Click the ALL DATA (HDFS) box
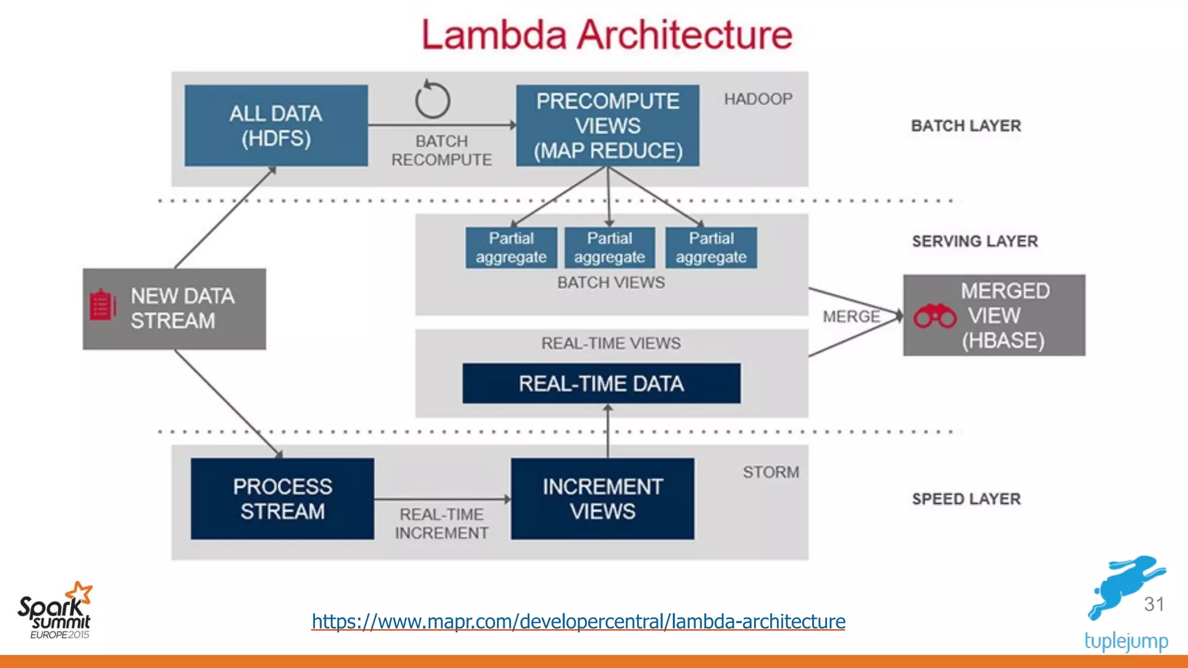(276, 126)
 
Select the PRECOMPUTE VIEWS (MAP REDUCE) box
(607, 126)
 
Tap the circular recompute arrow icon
(433, 100)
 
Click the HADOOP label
(758, 99)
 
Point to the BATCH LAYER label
(966, 126)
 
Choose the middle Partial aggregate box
(609, 248)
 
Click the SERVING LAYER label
(975, 241)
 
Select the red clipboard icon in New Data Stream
(102, 304)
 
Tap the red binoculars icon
(935, 316)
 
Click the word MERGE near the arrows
(851, 317)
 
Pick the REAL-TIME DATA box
(601, 383)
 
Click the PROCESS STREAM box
(282, 499)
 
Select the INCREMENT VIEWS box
(602, 499)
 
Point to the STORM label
(771, 472)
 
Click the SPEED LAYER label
(966, 499)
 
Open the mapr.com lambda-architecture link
(578, 622)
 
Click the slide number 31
(1154, 604)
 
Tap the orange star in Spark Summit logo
(80, 593)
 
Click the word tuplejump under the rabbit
(1126, 641)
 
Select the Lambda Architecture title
(607, 35)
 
